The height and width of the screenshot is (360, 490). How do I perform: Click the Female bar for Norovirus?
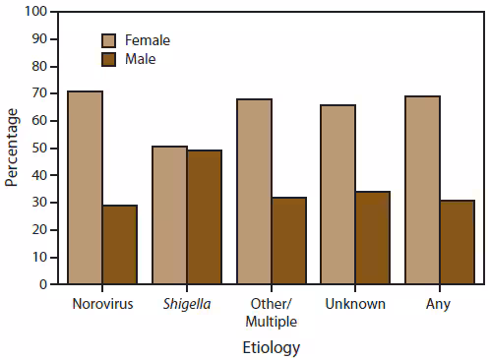tap(86, 187)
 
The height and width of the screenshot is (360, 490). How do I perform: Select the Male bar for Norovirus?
tap(120, 245)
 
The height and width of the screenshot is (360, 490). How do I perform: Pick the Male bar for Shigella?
tap(204, 216)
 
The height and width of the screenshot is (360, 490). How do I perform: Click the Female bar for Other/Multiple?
tap(254, 191)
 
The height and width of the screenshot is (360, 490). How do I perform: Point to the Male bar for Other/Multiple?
tap(288, 241)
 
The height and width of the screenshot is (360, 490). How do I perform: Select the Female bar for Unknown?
tap(338, 194)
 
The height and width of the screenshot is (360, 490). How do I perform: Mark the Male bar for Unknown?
tap(373, 238)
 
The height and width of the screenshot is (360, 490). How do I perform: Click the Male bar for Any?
tap(458, 242)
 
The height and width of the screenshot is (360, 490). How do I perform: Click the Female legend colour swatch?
tap(110, 40)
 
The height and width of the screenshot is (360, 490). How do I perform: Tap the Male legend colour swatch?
tap(110, 59)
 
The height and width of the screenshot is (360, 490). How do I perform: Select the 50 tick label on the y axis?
tap(38, 149)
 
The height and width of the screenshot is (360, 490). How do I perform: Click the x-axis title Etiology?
tap(271, 347)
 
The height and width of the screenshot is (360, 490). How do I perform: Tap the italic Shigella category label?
tap(186, 303)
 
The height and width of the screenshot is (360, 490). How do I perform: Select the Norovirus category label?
tap(102, 303)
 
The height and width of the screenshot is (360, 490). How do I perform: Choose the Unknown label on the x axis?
tap(355, 303)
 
